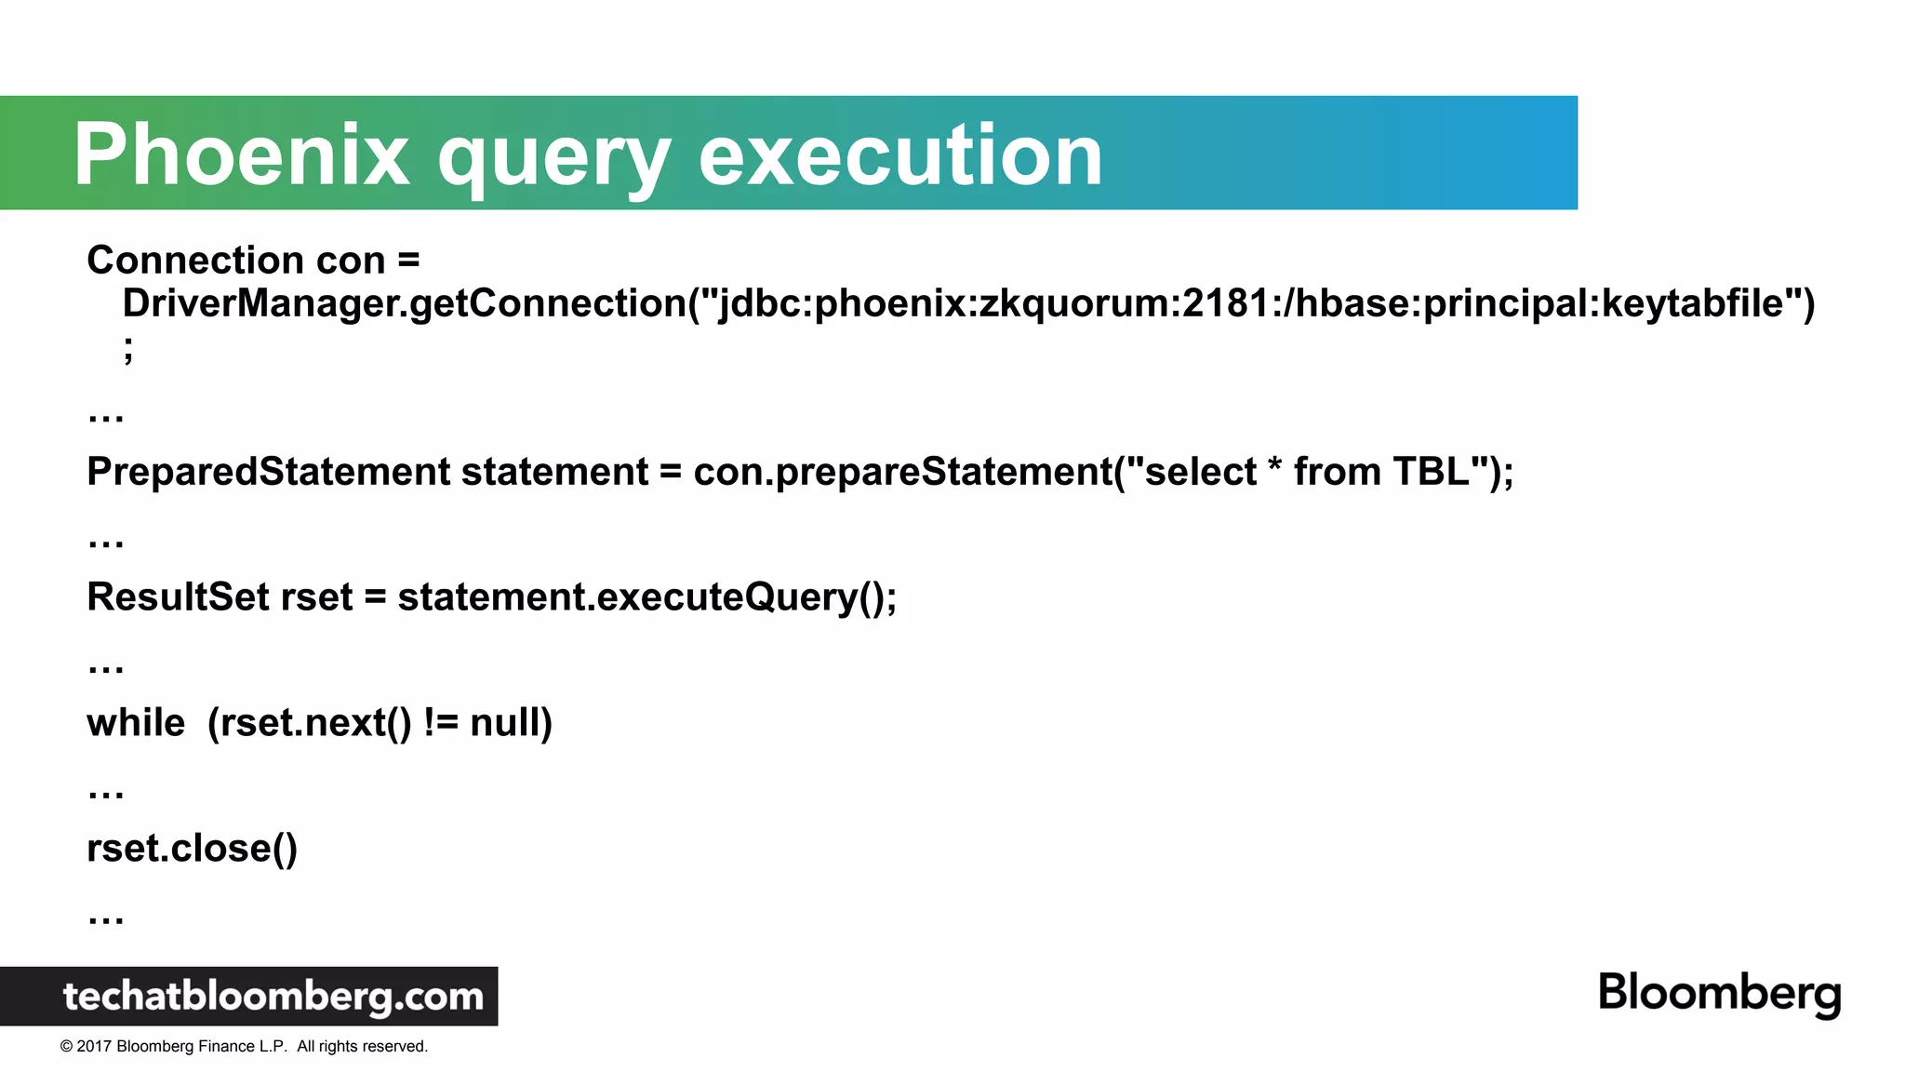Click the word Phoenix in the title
[x=241, y=154]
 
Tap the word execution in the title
[x=899, y=154]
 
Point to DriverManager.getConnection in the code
[x=404, y=303]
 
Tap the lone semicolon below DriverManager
[x=128, y=349]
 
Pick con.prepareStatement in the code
[x=902, y=472]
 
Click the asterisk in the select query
[x=1274, y=465]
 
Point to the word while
[x=136, y=723]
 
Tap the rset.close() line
[x=192, y=849]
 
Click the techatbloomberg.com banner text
[x=273, y=997]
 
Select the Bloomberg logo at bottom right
[x=1719, y=993]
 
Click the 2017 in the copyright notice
[x=94, y=1047]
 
